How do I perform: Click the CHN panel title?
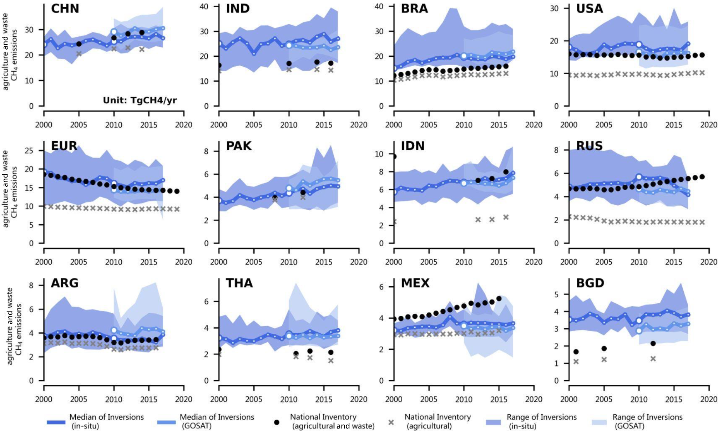click(65, 9)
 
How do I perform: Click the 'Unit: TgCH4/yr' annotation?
click(140, 100)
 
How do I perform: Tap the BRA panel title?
click(414, 9)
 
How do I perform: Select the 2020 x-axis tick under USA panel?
click(709, 125)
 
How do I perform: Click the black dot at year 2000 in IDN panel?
click(394, 157)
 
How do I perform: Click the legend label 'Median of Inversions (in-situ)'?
click(106, 421)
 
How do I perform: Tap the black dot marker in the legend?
click(277, 422)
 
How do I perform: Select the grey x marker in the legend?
click(391, 422)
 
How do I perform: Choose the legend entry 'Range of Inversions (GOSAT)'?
click(647, 421)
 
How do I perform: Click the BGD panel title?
click(590, 283)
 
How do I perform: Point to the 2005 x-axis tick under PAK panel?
click(254, 262)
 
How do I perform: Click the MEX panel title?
click(415, 283)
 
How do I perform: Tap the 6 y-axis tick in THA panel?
click(206, 302)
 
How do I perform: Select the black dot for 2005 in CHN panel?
click(79, 44)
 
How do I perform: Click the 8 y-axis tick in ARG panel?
click(31, 286)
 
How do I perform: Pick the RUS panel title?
click(589, 146)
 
